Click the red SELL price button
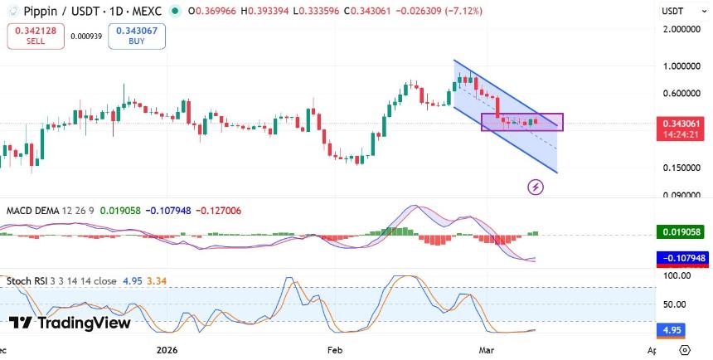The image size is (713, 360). click(34, 36)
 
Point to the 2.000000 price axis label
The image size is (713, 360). click(681, 30)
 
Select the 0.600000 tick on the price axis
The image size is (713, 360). click(681, 93)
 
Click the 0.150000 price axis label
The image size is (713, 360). click(681, 168)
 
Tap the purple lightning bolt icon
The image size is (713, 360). click(536, 187)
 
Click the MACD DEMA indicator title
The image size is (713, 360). click(32, 211)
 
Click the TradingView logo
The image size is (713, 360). click(70, 323)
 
